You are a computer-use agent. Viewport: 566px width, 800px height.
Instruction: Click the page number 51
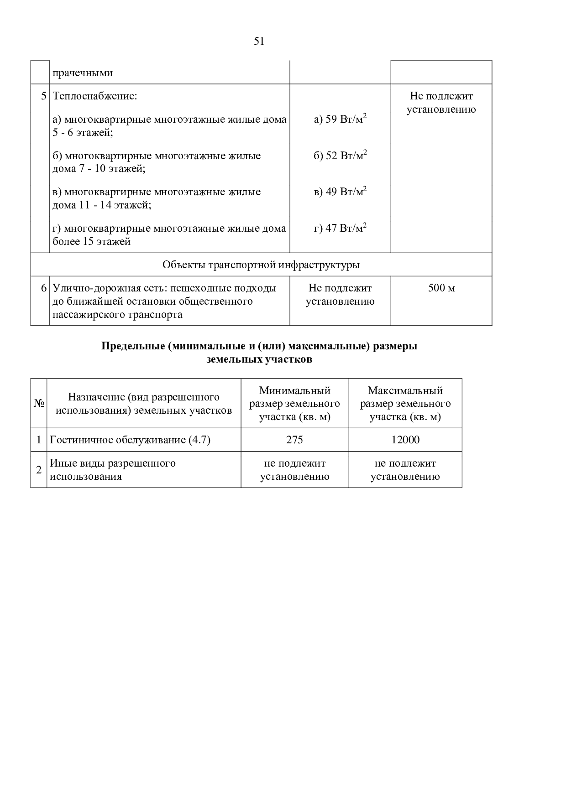coord(259,42)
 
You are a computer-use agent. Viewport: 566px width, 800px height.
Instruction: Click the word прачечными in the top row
coord(83,73)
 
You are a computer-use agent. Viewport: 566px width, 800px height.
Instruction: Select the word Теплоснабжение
coord(95,96)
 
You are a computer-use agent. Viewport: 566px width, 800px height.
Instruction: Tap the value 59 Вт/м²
coord(341,119)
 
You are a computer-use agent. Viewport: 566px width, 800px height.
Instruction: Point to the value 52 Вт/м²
coord(341,156)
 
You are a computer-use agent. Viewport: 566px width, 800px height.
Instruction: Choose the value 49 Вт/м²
coord(341,192)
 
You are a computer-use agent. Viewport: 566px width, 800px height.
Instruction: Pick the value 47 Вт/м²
coord(341,228)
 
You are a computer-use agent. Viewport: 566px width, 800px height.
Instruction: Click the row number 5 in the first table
coord(44,96)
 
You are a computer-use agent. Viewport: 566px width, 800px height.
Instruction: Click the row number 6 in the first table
coord(44,288)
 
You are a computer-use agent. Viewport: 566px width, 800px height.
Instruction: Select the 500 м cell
coord(441,288)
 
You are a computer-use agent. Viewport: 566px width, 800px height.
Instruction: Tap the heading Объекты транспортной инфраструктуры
coord(261,265)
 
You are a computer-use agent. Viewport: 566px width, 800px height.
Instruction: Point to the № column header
coord(39,404)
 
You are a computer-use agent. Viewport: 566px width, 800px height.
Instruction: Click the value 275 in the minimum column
coord(294,440)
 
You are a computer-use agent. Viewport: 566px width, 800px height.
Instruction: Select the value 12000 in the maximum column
coord(405,440)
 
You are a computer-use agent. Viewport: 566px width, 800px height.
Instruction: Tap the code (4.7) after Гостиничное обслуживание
coord(199,440)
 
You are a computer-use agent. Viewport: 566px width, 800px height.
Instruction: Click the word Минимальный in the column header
coord(295,390)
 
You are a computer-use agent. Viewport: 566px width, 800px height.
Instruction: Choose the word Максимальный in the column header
coord(405,390)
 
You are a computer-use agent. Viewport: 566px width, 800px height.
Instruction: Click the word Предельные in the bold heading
coord(133,346)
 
